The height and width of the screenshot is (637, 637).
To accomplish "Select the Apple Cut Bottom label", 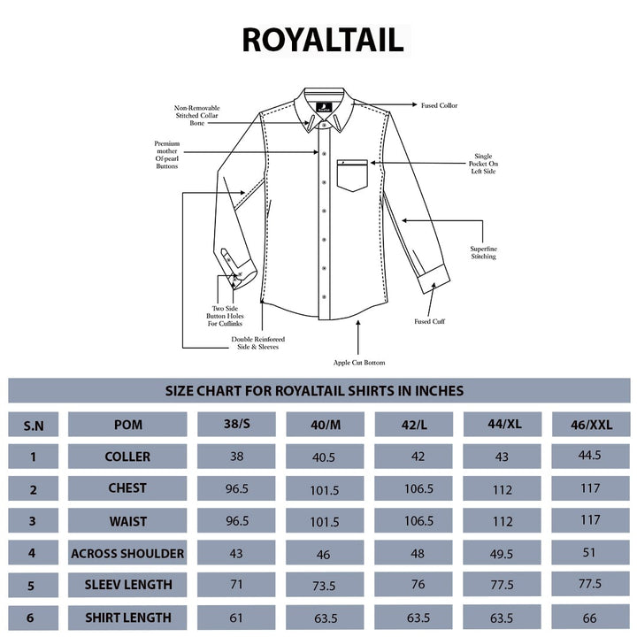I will tap(358, 363).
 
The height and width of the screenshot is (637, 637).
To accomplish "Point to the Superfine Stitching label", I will tap(483, 252).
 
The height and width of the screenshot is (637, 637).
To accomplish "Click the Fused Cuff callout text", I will tap(430, 321).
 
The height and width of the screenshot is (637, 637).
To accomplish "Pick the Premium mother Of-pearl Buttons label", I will tap(166, 155).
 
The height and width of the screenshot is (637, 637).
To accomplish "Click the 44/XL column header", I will tap(505, 425).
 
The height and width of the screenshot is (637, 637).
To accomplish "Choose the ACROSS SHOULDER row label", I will tap(128, 554).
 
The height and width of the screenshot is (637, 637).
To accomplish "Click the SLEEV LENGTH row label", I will tap(128, 585).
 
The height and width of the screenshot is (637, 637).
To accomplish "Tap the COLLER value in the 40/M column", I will tap(324, 457).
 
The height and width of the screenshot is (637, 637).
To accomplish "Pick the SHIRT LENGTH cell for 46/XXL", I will tap(589, 618).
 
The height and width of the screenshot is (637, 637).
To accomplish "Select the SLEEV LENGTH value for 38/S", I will tap(234, 586).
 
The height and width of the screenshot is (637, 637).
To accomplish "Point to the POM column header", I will tap(128, 425).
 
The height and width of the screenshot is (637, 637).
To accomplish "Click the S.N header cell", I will tap(33, 426).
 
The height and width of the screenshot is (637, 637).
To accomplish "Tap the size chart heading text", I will tap(314, 390).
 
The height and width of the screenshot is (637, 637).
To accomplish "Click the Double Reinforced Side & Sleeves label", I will tap(258, 343).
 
